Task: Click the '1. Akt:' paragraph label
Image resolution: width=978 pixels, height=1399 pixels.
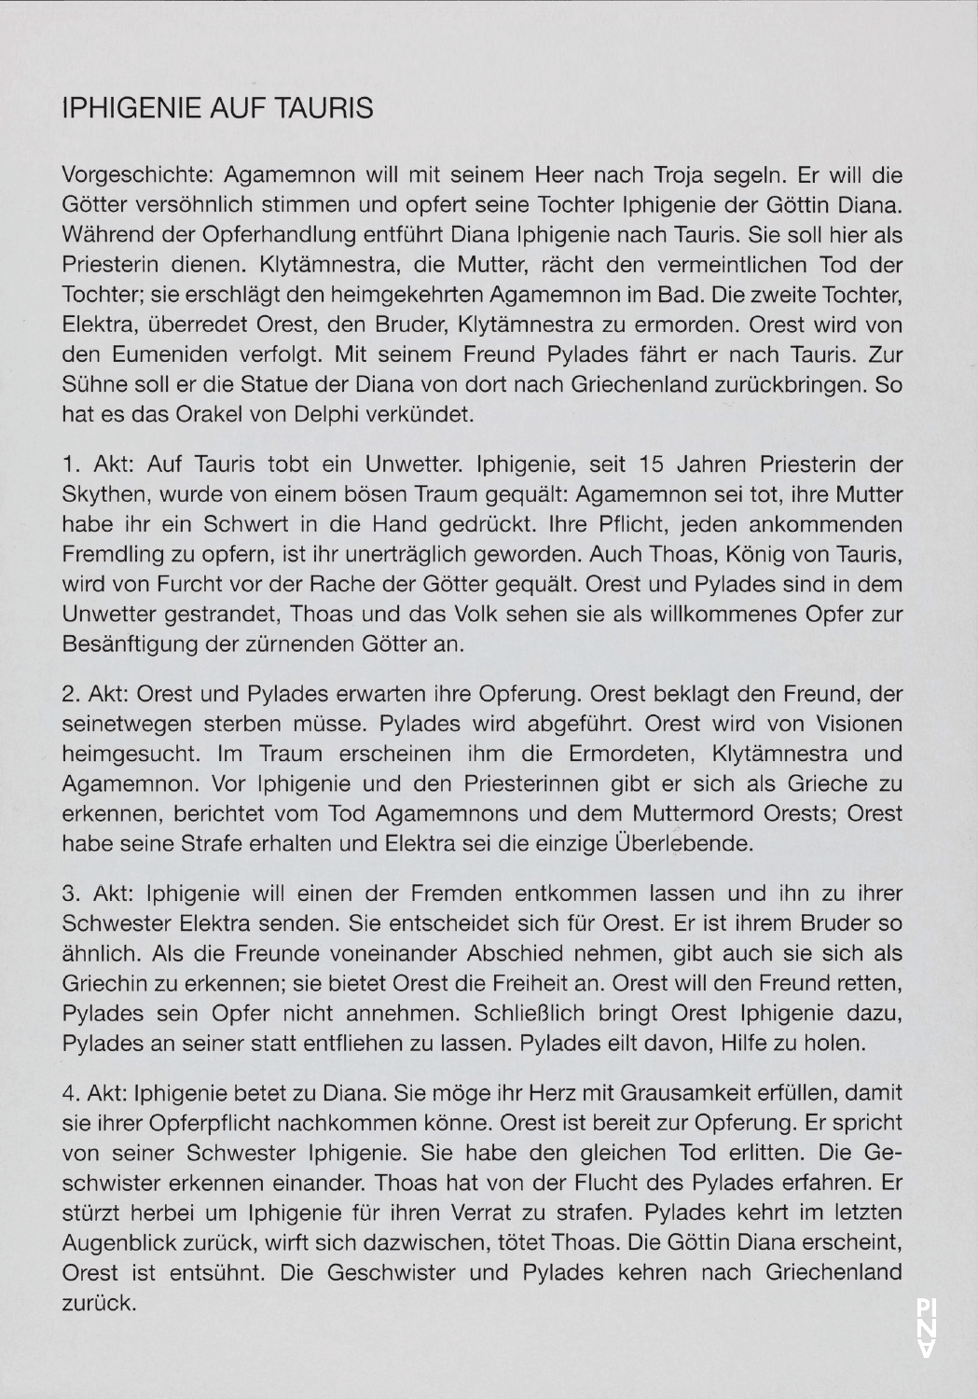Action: point(93,464)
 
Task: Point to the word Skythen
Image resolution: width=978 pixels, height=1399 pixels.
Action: point(101,493)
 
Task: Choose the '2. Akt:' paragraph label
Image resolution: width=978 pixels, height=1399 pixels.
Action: point(93,694)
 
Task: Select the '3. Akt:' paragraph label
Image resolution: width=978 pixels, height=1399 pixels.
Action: point(94,893)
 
